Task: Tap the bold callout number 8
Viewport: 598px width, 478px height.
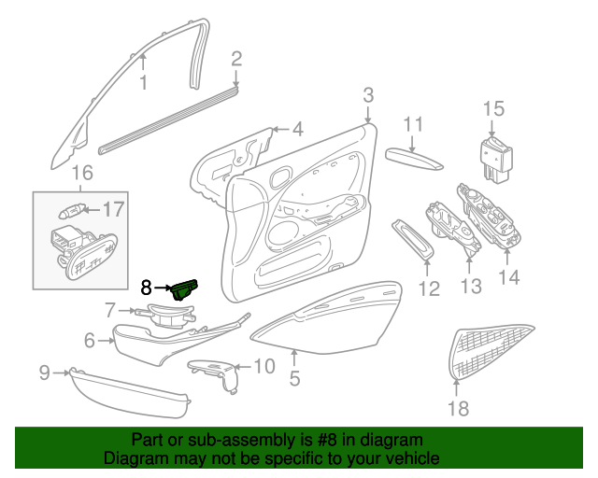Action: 146,288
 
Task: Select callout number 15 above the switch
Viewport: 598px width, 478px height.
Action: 493,108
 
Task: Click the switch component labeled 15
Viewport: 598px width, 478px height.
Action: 495,160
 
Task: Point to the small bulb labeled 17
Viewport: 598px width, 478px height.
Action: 72,210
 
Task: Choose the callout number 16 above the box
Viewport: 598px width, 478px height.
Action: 82,173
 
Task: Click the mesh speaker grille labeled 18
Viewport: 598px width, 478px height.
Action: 489,351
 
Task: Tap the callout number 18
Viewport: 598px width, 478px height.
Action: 458,409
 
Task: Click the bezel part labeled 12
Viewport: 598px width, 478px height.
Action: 413,241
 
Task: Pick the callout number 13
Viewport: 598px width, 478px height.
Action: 471,286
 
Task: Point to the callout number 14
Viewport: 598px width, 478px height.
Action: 508,277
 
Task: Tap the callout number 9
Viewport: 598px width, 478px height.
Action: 45,373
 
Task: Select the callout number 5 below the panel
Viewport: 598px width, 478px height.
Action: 295,378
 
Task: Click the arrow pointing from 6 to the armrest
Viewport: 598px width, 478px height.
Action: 106,341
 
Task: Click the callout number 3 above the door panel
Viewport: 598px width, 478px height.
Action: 368,95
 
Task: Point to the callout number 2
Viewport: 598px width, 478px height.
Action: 236,59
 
